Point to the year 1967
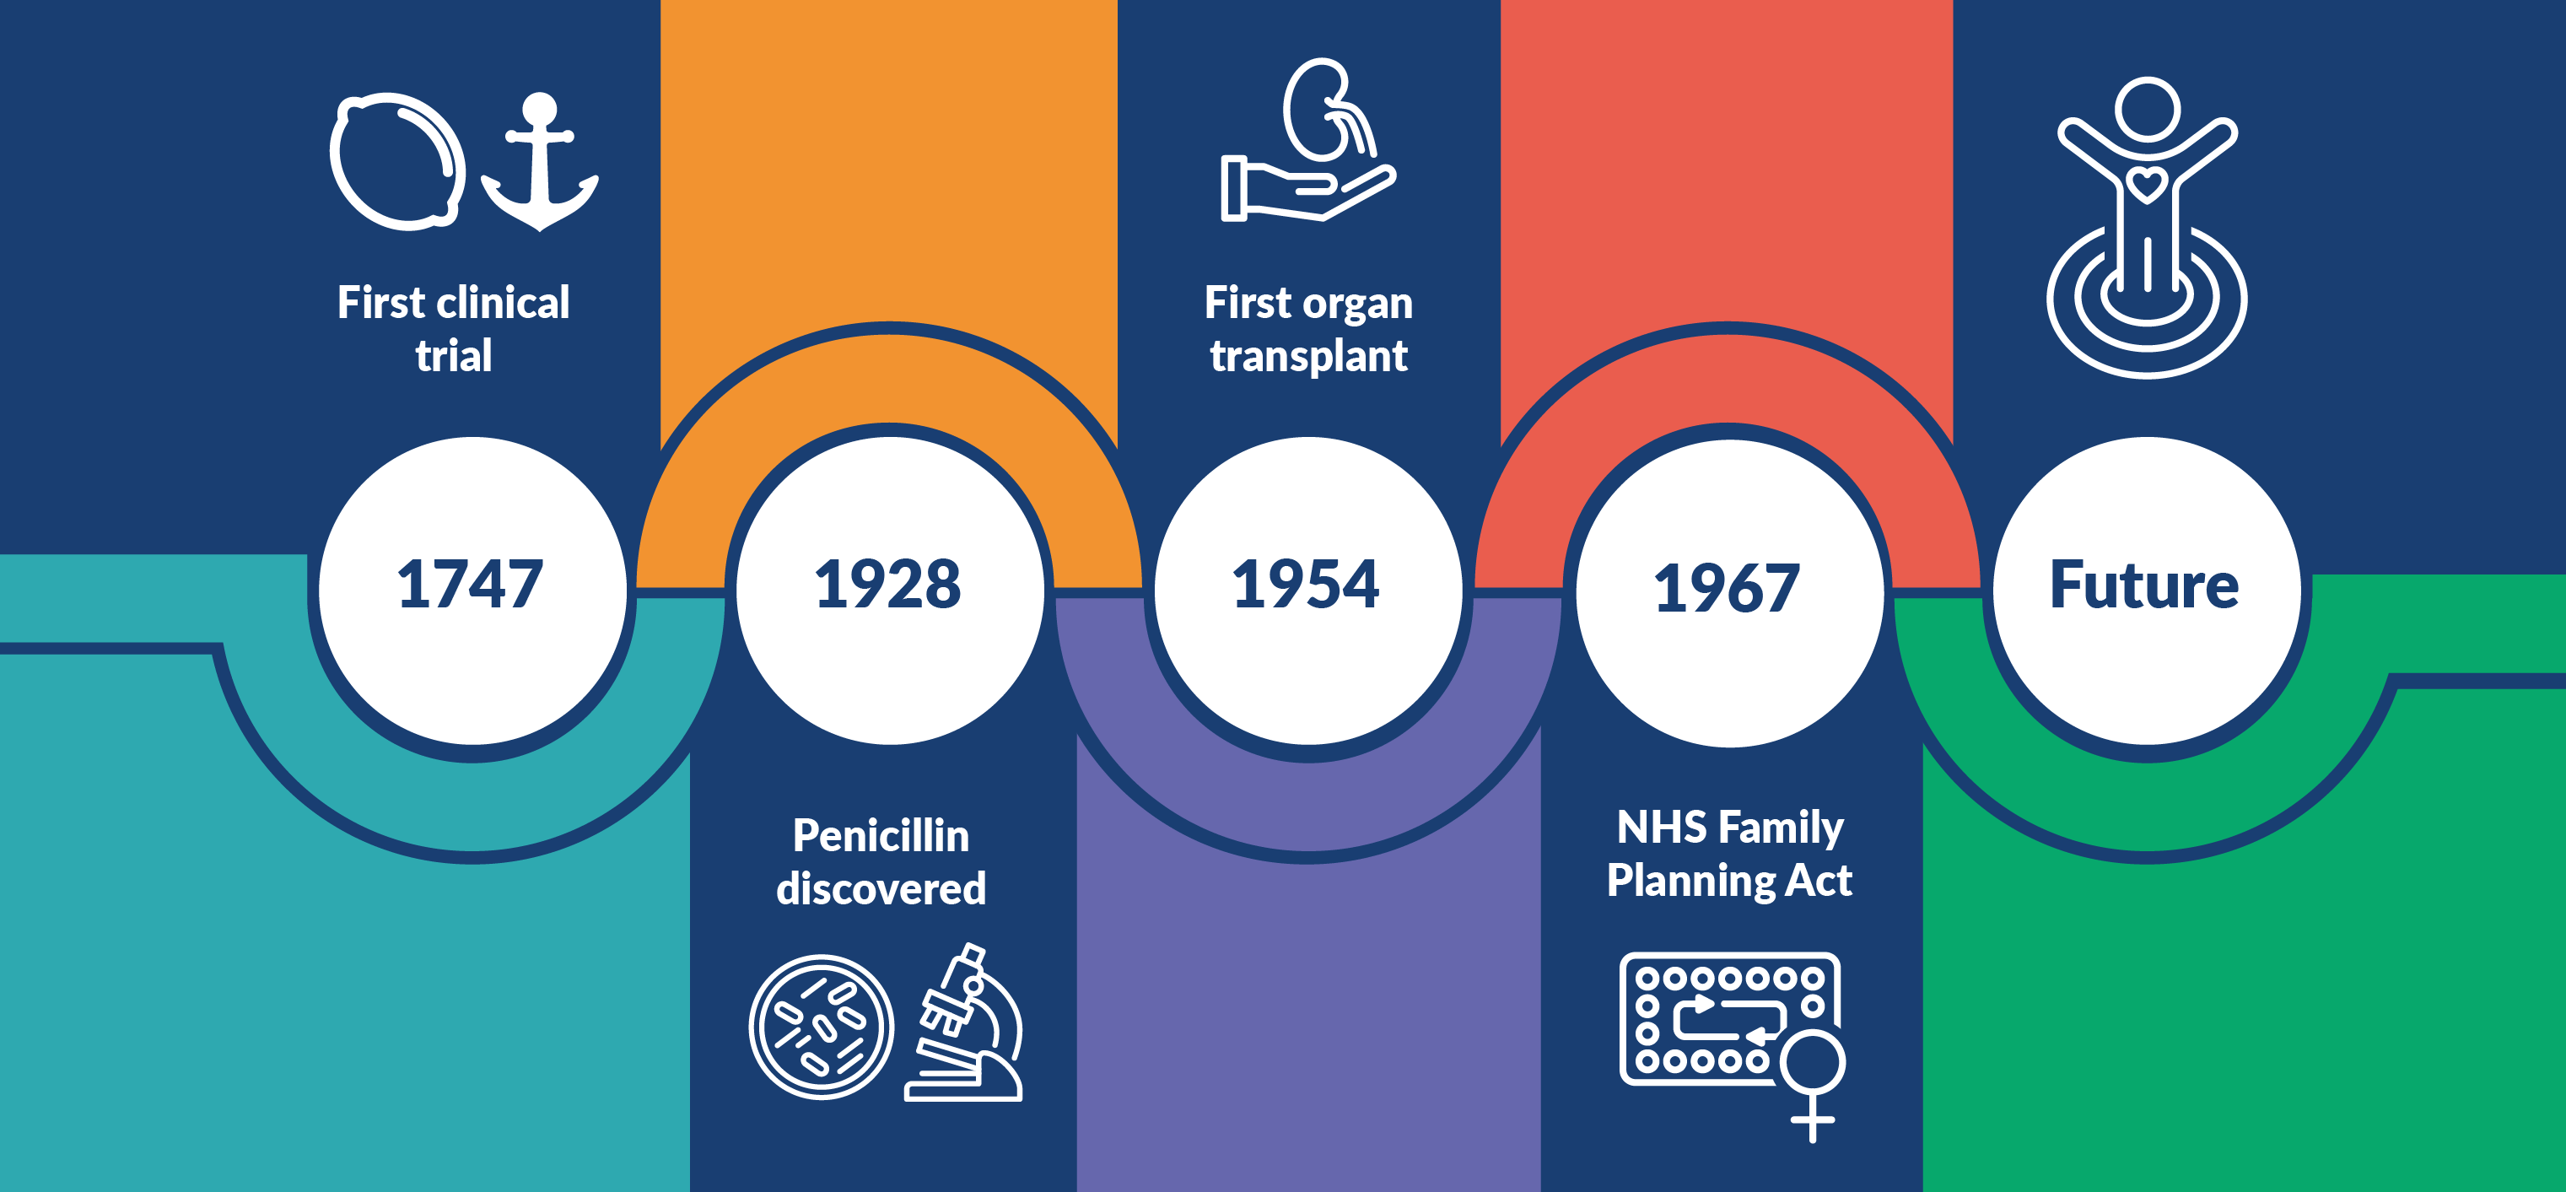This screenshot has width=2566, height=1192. pyautogui.click(x=1728, y=587)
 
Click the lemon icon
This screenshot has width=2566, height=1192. pyautogui.click(x=398, y=161)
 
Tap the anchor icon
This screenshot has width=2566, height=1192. pyautogui.click(x=540, y=161)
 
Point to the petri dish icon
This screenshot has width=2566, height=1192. pyautogui.click(x=821, y=1027)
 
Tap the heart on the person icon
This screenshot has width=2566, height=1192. pyautogui.click(x=2147, y=184)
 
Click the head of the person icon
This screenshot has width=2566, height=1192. pyautogui.click(x=2148, y=109)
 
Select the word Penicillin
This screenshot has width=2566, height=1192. pyautogui.click(x=881, y=835)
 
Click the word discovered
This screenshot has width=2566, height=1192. pyautogui.click(x=881, y=888)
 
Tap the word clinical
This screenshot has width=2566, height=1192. pyautogui.click(x=503, y=302)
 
